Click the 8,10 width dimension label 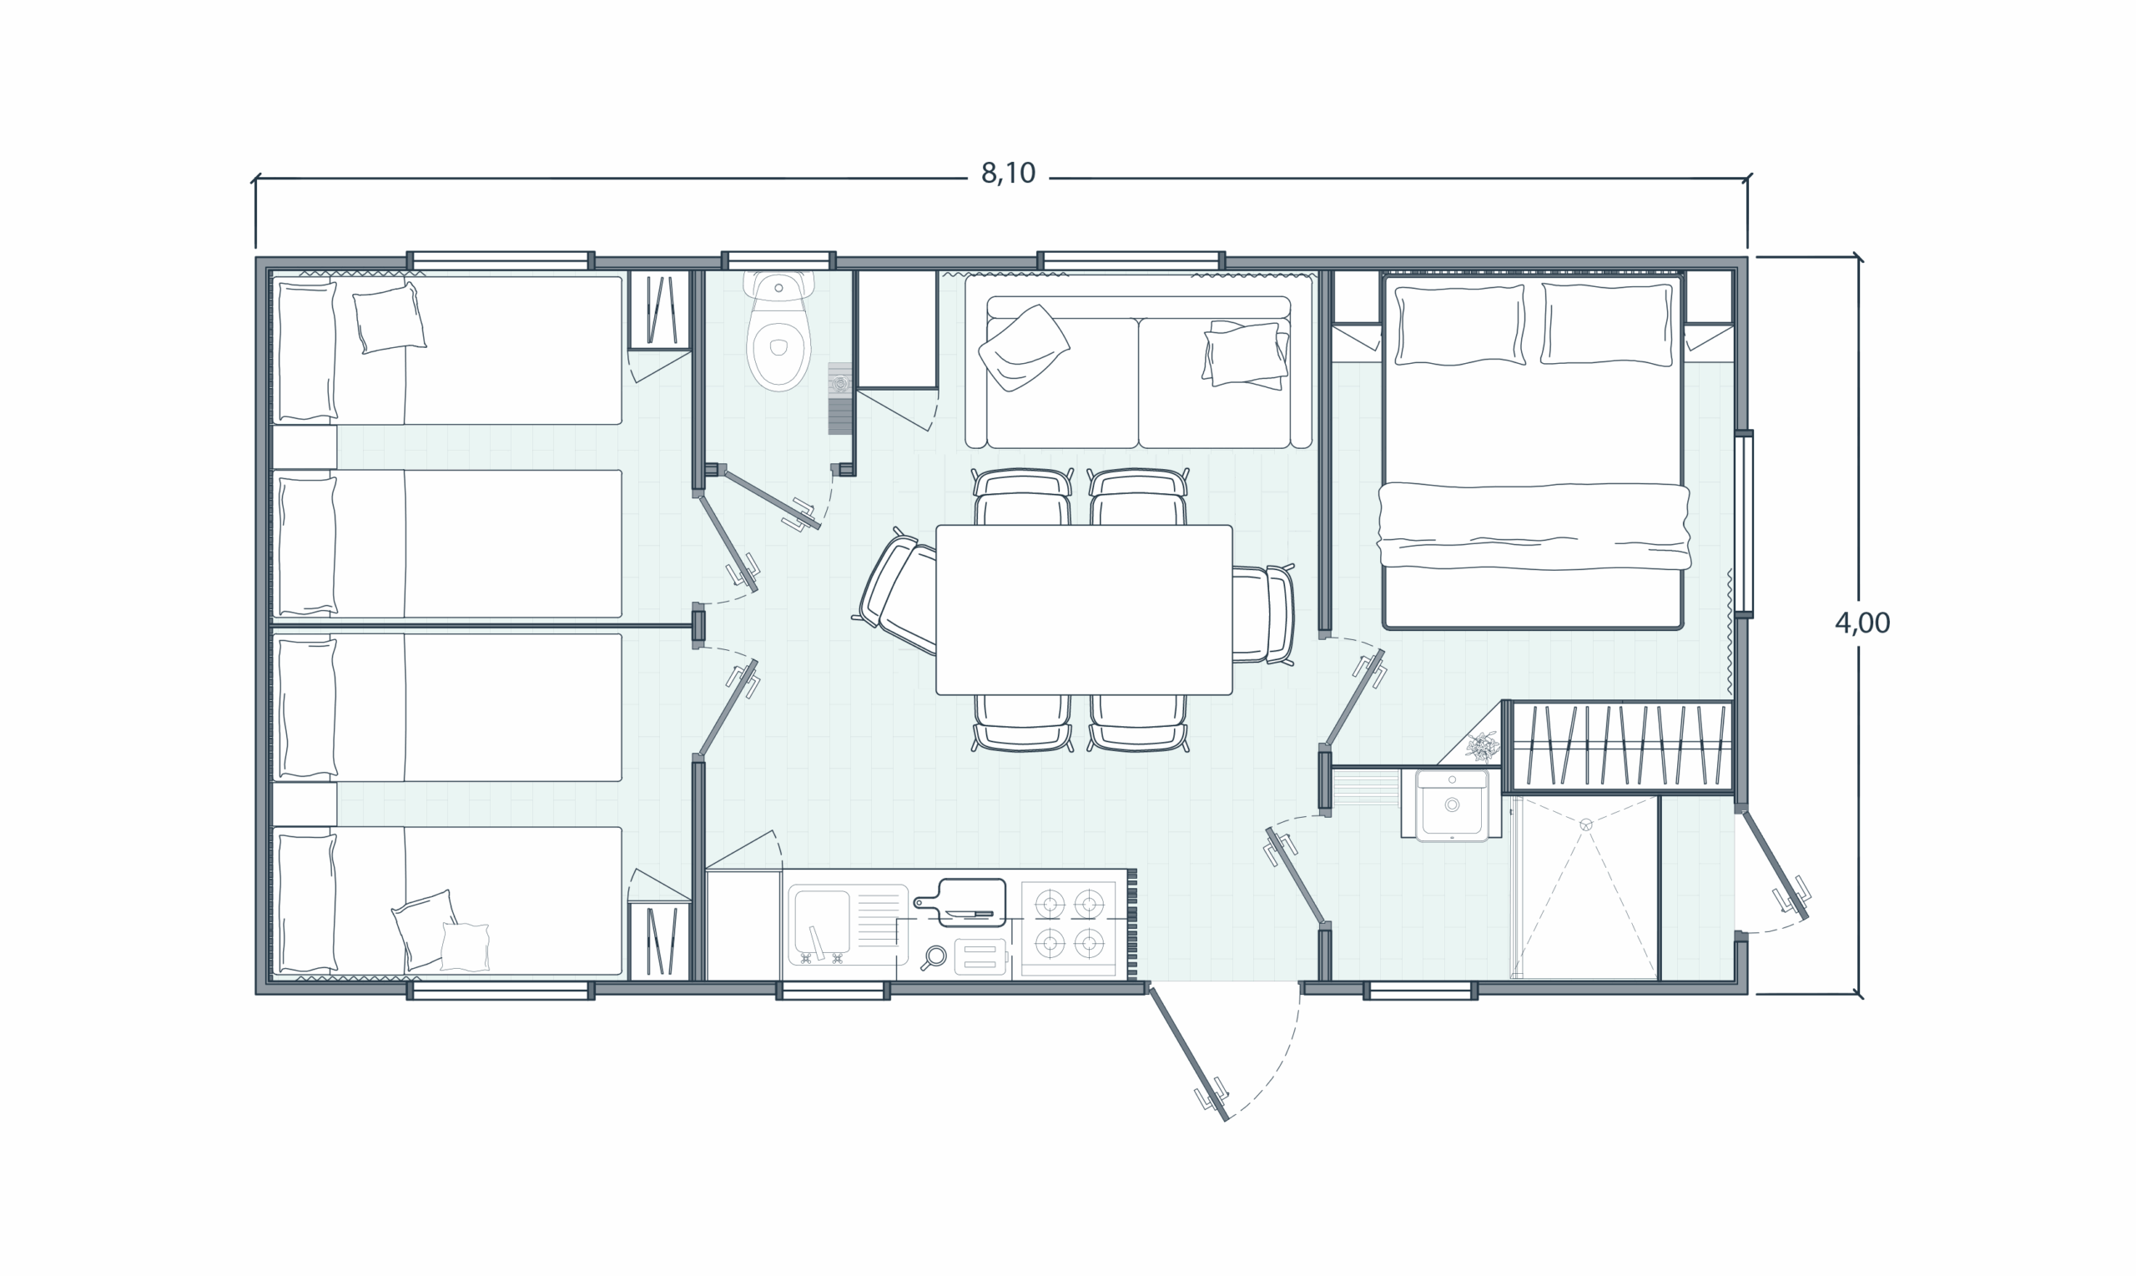1008,174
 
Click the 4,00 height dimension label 1861,623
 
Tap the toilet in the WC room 778,332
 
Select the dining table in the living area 1084,609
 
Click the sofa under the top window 1139,361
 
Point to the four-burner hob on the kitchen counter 1070,925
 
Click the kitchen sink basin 823,919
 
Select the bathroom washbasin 1452,804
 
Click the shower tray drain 1586,825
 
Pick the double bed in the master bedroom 1533,452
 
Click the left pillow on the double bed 1459,325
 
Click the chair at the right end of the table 1263,613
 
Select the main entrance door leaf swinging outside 1188,1054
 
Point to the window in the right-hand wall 1743,522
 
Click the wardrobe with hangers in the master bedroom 1621,745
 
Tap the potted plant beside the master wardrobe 1483,746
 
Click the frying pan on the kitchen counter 934,957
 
